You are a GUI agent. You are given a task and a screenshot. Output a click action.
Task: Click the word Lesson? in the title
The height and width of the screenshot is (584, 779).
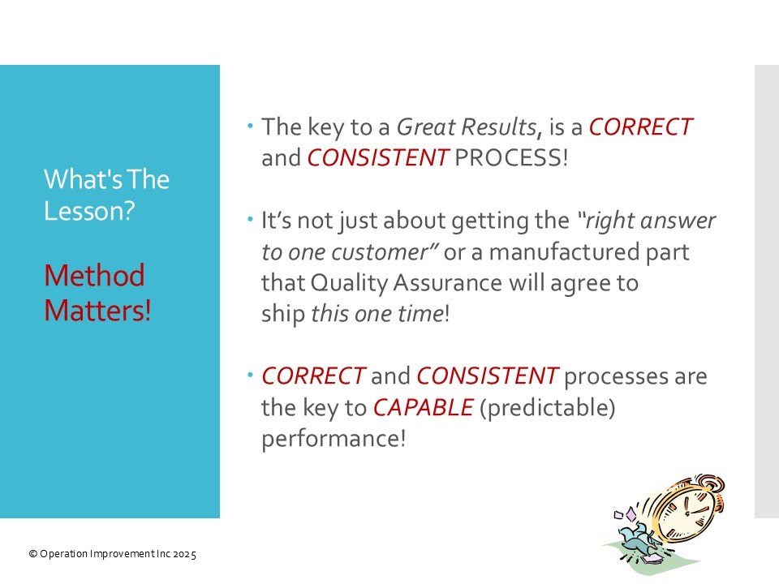89,211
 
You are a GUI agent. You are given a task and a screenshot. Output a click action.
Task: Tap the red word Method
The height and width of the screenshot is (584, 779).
94,275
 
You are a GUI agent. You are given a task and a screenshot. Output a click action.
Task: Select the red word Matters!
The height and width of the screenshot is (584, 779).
97,311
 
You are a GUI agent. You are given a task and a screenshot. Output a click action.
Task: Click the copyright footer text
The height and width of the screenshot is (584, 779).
113,554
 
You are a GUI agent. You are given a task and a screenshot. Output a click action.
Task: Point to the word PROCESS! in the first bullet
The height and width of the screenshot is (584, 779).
511,158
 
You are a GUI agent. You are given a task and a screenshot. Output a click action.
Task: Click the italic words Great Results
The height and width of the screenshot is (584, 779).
467,127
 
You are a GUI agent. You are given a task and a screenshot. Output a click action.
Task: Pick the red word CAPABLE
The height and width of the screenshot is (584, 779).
424,408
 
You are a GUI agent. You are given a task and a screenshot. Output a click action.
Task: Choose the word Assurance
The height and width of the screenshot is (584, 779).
448,283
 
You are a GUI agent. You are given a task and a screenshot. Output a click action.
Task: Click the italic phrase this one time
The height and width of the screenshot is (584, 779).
377,314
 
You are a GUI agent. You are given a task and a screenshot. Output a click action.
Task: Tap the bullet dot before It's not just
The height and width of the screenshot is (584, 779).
250,219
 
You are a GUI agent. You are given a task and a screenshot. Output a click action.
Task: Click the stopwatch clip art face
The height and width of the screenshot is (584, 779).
687,512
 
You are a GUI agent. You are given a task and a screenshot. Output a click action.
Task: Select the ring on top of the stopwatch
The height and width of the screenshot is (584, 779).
712,484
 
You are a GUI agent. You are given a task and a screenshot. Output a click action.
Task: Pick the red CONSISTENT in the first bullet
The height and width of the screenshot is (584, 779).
379,158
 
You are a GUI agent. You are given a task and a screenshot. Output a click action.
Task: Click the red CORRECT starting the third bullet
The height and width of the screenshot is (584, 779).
313,376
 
